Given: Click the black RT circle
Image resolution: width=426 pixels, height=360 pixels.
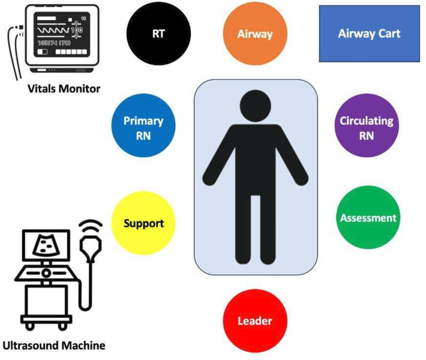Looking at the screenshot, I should (x=158, y=33).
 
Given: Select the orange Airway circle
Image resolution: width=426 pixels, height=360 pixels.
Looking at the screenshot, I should (x=254, y=34).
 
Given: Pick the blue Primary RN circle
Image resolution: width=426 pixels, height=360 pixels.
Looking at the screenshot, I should (x=143, y=127).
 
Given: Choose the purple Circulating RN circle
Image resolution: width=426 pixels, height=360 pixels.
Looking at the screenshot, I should (x=366, y=127).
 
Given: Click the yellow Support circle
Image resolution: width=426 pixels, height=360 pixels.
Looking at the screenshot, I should (x=143, y=223).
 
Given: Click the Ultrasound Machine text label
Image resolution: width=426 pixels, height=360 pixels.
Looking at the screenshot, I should (x=53, y=346).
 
